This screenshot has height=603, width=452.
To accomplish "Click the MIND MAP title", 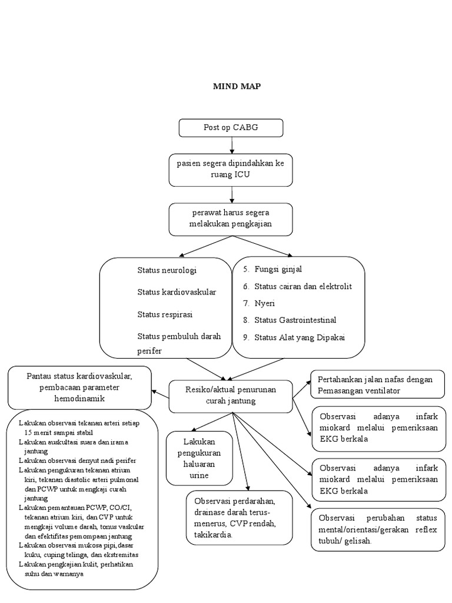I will point(236,86).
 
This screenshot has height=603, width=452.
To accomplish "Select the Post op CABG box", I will point(231,128).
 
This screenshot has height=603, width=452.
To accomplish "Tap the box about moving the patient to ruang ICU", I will point(231,168).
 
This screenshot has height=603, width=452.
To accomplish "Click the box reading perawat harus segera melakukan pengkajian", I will point(231,218).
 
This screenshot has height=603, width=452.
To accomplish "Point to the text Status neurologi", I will point(167,270).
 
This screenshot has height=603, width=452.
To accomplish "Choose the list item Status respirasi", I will point(165,314).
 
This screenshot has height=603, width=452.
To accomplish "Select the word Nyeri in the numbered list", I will point(264,303).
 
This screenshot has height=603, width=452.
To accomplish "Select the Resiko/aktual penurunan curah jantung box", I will point(231,396).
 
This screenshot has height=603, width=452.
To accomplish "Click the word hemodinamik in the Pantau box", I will point(79,399).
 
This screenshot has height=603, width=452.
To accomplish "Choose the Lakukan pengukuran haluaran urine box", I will point(199,458).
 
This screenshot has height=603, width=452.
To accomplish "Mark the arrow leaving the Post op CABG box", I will point(232,145).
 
